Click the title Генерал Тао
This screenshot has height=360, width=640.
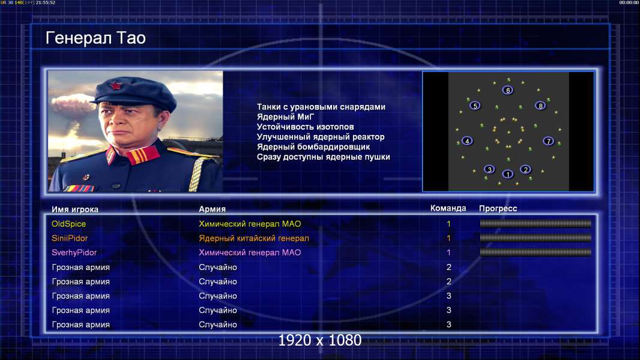95,38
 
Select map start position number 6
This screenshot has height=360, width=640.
508,90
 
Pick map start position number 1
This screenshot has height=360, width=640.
508,174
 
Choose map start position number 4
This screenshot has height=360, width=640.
467,141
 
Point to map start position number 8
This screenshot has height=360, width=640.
540,106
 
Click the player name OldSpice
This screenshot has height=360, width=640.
68,224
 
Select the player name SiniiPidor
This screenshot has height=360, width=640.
70,238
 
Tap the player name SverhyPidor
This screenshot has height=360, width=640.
74,253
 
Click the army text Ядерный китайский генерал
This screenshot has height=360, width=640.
254,238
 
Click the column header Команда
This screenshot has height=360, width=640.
448,208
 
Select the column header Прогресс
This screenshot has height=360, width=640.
498,209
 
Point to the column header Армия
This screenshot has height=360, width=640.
213,209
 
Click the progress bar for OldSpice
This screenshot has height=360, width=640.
536,223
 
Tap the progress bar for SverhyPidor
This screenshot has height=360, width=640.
536,253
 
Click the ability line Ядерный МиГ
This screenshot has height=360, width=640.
286,117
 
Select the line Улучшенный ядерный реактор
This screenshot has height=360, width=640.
321,137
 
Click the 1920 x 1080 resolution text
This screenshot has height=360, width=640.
320,340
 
